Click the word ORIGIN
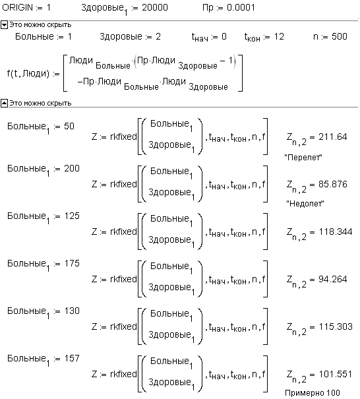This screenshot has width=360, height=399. pos(18,7)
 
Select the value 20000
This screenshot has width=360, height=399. pos(155,7)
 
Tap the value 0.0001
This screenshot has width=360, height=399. pos(241,7)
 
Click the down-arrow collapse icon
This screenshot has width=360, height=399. pos(5,25)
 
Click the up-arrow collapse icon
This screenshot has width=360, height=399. pos(5,104)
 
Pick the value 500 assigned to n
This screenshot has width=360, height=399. pos(340,36)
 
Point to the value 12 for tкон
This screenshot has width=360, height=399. pos(279,36)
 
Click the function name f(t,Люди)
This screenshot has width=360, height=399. pos(28,74)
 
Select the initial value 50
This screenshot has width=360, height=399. pos(69,126)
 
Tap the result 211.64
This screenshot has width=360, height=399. pos(333,137)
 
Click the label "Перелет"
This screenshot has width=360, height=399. pos(303,158)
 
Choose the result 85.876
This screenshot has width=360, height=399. pos(333,184)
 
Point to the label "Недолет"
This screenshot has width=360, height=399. pos(305,204)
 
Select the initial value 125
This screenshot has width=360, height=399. pos(72,216)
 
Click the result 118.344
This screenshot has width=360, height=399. pos(336,232)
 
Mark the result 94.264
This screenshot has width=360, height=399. pos(333,280)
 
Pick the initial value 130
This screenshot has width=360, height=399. pos(72,311)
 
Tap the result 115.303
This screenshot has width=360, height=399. pos(336,326)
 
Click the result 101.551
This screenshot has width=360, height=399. pos(336,375)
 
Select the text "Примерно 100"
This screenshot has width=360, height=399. pos(313,393)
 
